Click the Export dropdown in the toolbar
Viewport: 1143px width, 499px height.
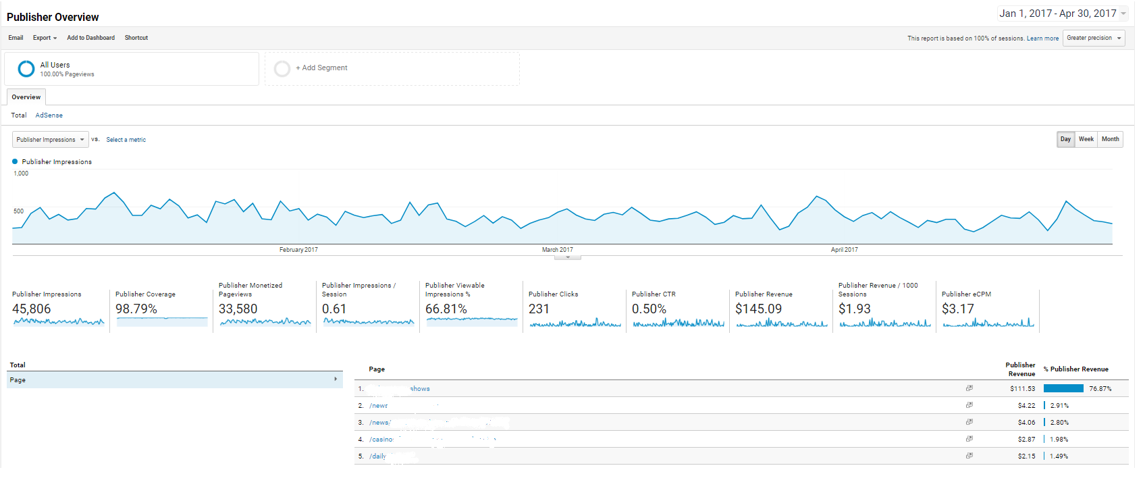[45, 38]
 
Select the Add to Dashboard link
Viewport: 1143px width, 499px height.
[90, 38]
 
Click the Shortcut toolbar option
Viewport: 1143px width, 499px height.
[136, 38]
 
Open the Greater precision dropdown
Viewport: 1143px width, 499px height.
[1093, 38]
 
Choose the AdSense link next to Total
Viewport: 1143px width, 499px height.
[49, 115]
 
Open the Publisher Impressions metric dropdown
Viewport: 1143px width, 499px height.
[50, 140]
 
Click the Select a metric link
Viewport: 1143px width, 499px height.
[126, 140]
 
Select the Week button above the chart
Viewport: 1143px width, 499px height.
[1086, 139]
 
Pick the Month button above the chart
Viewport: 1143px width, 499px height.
[1110, 139]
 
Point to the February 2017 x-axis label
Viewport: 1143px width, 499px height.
[298, 250]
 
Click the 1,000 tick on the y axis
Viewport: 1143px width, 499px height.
[21, 174]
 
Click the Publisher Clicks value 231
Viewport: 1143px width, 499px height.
[539, 309]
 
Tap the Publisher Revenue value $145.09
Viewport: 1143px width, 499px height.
[758, 309]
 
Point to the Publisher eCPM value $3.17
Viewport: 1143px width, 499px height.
[957, 309]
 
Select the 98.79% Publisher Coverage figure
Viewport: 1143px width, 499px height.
[136, 309]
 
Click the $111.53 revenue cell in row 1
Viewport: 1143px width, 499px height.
[1022, 389]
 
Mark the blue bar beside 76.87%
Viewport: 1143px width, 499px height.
[1063, 388]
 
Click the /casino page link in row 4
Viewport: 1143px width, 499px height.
[381, 440]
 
